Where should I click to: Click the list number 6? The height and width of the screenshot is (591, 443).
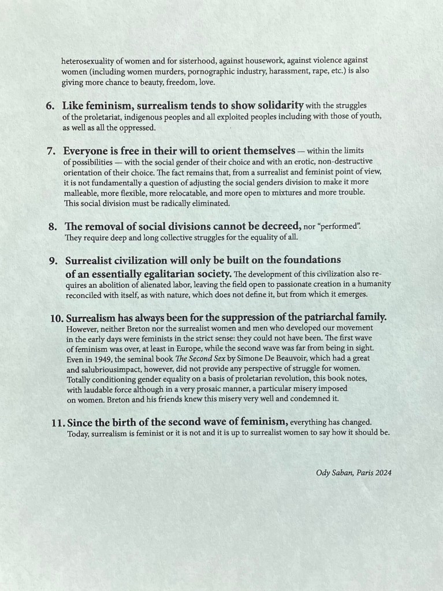(x=49, y=106)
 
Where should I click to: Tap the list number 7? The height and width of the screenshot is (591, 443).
(x=50, y=151)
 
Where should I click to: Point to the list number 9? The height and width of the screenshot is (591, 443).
(x=53, y=261)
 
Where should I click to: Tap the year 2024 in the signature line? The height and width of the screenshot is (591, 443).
(x=382, y=473)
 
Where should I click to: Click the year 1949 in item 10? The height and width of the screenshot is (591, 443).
(x=98, y=358)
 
